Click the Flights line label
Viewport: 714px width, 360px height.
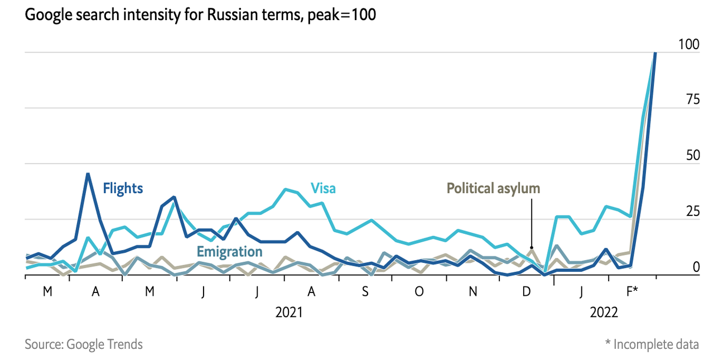point(123,188)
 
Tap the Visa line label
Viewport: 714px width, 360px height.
point(324,188)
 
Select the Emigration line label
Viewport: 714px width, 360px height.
point(229,252)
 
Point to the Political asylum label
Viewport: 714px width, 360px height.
point(494,188)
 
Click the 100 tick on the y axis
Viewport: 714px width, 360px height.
point(688,44)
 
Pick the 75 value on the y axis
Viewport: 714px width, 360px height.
point(692,100)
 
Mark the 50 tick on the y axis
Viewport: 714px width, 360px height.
point(692,156)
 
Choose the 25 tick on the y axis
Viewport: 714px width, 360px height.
point(692,212)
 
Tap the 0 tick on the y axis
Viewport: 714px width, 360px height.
point(696,267)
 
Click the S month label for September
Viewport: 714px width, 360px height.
point(365,291)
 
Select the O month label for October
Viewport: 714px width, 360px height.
point(419,291)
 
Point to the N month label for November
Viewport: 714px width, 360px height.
point(473,291)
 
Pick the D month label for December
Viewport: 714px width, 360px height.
point(527,291)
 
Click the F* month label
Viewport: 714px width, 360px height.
point(633,291)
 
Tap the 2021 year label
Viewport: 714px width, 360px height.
point(289,313)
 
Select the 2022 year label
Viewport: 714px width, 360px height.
point(604,313)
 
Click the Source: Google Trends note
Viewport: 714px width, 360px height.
point(84,344)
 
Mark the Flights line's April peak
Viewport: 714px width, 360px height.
point(88,174)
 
